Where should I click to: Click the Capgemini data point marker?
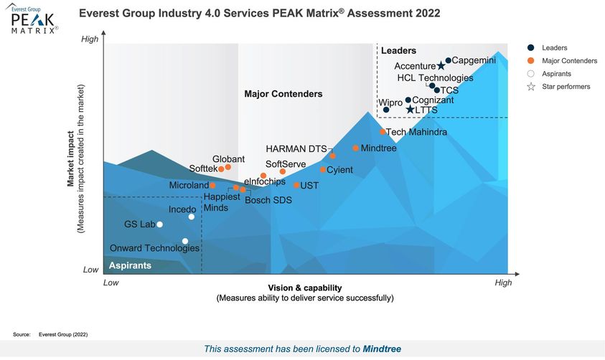(448, 61)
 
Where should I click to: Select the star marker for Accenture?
(441, 67)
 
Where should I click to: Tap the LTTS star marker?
(410, 110)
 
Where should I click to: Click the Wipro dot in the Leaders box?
(386, 110)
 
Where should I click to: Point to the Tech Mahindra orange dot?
(383, 132)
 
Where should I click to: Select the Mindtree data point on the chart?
(355, 148)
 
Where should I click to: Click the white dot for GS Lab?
(159, 224)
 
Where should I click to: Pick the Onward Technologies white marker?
(185, 241)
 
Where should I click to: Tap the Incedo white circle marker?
(191, 217)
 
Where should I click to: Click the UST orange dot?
(296, 185)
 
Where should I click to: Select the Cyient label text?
(339, 170)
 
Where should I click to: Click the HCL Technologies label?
(435, 78)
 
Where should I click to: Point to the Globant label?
(228, 159)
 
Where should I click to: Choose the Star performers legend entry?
(565, 87)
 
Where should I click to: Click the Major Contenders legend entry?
(569, 61)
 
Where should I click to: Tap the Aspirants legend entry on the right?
(557, 74)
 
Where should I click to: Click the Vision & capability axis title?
(305, 288)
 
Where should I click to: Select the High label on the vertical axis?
(89, 39)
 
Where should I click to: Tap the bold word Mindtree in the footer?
(382, 349)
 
